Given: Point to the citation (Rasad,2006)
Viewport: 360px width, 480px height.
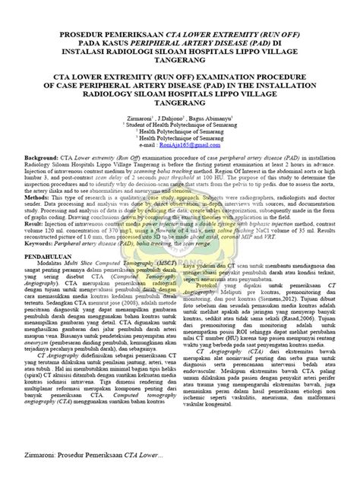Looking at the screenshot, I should pyautogui.click(x=298, y=321).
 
